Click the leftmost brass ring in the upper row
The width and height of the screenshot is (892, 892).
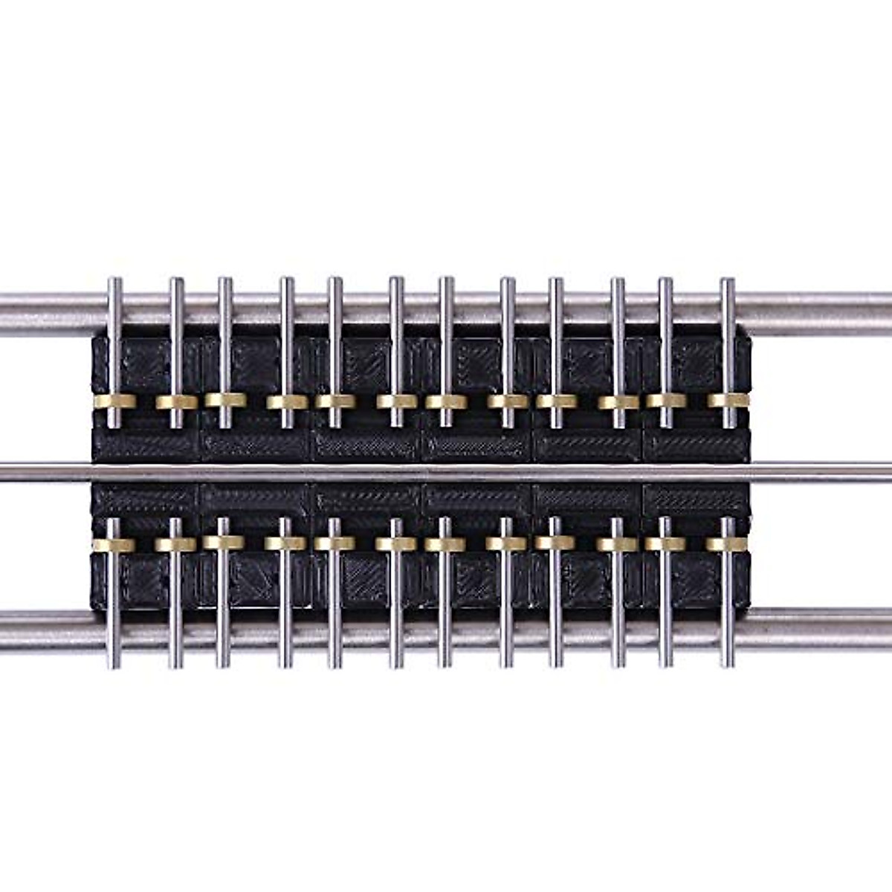click(114, 401)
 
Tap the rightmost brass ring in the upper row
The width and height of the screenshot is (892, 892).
click(728, 401)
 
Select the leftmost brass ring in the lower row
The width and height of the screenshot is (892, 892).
click(114, 545)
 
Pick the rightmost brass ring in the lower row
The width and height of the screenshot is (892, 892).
click(727, 543)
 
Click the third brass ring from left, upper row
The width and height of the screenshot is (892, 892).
click(225, 400)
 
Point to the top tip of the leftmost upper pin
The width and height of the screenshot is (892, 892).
click(114, 280)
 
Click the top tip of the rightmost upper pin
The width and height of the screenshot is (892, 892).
click(728, 281)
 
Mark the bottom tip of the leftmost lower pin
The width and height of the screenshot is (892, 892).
click(114, 665)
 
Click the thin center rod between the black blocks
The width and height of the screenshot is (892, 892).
click(446, 471)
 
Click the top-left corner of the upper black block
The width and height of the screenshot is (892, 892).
click(92, 339)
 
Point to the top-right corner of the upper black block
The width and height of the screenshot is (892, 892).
click(749, 337)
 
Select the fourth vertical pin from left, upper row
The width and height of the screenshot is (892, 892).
click(286, 349)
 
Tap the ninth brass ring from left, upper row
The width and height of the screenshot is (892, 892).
click(556, 401)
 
